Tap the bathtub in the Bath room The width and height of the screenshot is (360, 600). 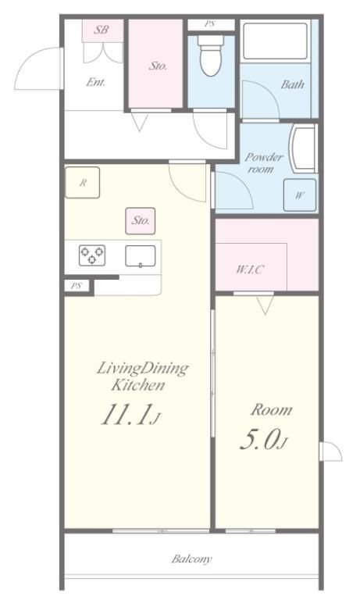pos(275,41)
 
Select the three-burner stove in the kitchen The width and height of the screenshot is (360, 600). pos(92,255)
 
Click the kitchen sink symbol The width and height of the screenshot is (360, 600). pos(141,256)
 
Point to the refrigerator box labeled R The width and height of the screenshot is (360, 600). pos(82,183)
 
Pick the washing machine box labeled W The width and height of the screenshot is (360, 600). pos(300,195)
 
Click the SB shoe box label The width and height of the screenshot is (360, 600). pos(102,29)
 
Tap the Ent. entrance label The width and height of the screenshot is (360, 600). pos(95,82)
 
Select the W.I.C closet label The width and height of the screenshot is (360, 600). pos(250,270)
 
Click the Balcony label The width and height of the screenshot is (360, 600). pos(191,559)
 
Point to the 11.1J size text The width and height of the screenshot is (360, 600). pos(130,414)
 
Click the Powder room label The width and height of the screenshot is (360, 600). pos(264,162)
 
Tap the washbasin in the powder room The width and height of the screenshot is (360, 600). pos(303,148)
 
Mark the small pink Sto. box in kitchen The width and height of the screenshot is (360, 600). pos(141,221)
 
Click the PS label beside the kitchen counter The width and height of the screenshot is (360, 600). pos(77,285)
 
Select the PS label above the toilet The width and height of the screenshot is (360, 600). pos(209,23)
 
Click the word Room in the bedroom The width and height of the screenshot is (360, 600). pos(272,410)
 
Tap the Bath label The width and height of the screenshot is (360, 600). pos(293,84)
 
